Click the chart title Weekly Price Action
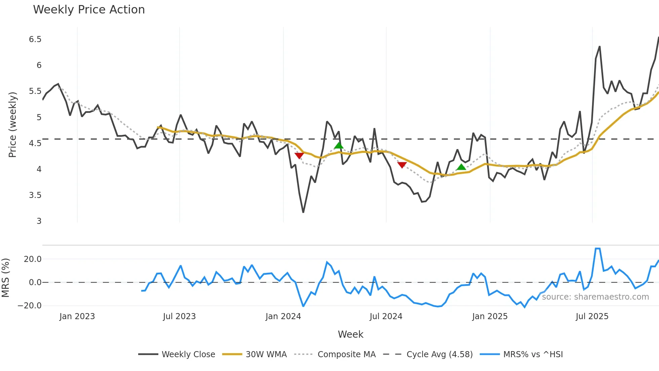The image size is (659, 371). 89,10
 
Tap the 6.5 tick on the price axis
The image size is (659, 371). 35,39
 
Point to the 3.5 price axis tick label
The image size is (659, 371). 35,195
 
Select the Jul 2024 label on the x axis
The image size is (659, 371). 386,316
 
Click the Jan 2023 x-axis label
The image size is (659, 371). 77,316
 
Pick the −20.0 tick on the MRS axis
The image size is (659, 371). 30,306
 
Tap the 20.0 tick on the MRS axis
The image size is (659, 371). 33,259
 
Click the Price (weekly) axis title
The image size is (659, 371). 12,125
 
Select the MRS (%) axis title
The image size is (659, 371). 6,278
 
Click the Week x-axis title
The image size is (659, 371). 350,334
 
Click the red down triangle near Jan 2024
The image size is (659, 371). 299,156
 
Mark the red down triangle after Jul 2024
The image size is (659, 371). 402,165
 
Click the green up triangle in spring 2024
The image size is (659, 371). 339,145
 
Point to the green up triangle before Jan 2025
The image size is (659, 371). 461,167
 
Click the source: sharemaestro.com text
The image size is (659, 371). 595,297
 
